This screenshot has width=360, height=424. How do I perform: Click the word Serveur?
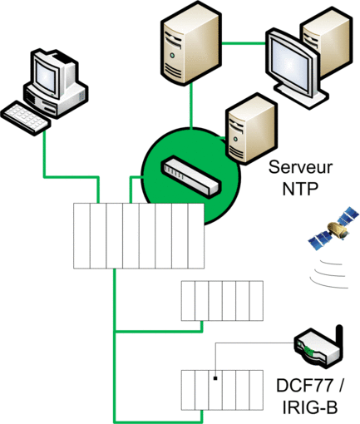[300, 167]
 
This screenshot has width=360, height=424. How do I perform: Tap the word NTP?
[300, 189]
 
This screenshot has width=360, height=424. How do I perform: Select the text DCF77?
[304, 385]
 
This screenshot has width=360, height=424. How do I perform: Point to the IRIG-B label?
[310, 407]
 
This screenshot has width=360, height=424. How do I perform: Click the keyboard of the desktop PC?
[26, 118]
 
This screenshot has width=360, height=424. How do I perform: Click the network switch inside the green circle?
[191, 176]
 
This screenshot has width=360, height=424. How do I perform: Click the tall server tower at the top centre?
[190, 43]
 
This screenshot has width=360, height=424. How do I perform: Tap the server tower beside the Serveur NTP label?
[251, 129]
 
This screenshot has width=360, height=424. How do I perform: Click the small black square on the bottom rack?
[215, 378]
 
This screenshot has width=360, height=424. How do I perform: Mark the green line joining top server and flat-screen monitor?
[244, 43]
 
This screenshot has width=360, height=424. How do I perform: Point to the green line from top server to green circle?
[191, 106]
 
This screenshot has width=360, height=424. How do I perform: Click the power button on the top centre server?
[172, 56]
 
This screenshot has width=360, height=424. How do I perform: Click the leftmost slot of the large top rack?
[81, 236]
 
